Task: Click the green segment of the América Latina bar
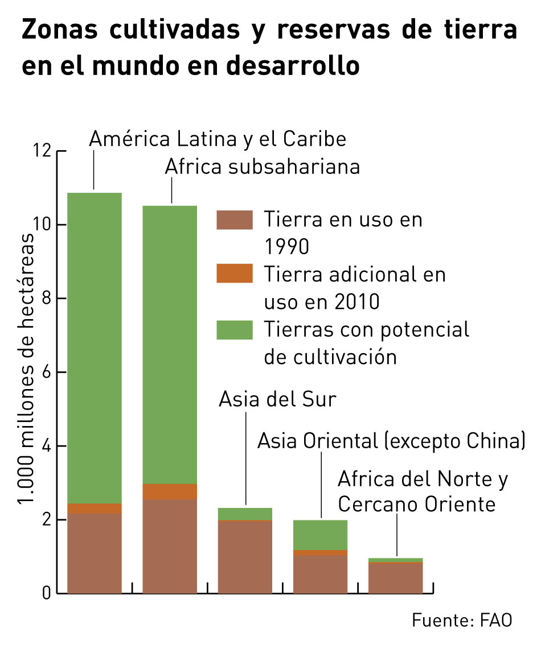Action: pyautogui.click(x=95, y=347)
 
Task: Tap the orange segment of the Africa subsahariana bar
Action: pyautogui.click(x=170, y=491)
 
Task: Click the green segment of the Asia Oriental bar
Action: pyautogui.click(x=320, y=535)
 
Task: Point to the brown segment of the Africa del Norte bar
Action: pyautogui.click(x=395, y=577)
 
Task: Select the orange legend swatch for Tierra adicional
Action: pyautogui.click(x=235, y=274)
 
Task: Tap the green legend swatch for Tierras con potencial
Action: pyautogui.click(x=235, y=330)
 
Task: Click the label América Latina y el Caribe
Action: pyautogui.click(x=218, y=139)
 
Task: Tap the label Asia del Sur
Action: pyautogui.click(x=277, y=399)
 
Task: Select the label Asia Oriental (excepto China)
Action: pyautogui.click(x=391, y=441)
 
